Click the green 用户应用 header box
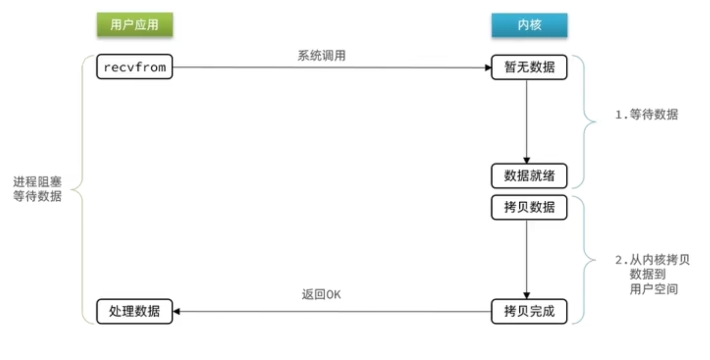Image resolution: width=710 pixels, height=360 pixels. click(135, 25)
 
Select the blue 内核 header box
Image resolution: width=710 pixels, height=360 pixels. click(529, 25)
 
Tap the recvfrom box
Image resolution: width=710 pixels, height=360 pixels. click(135, 67)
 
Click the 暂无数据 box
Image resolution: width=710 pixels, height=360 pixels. click(529, 67)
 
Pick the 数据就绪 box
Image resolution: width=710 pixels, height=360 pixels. click(529, 176)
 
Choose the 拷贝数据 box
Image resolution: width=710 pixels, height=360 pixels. click(529, 207)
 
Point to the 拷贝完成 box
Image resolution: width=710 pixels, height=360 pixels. click(529, 311)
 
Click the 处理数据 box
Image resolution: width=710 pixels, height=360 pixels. click(135, 311)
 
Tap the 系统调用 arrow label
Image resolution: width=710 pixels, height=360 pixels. click(322, 56)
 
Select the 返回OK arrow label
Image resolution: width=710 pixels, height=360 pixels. click(322, 294)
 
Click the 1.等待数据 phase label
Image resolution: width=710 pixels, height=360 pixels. click(646, 115)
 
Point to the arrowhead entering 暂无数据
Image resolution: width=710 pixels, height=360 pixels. click(487, 67)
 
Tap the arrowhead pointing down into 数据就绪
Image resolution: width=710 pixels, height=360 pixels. click(526, 160)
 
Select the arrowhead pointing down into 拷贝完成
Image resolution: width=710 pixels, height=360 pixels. click(526, 295)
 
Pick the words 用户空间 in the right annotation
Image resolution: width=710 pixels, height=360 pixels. click(654, 289)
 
